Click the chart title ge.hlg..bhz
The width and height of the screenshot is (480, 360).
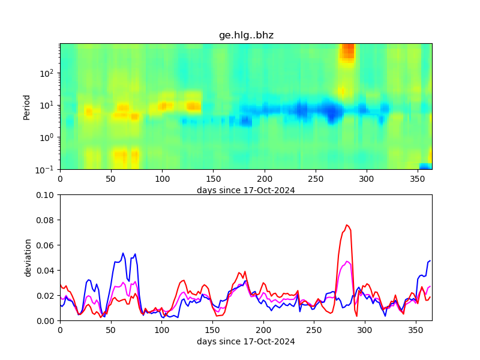[x=246, y=35]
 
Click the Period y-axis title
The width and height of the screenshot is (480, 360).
[x=26, y=106]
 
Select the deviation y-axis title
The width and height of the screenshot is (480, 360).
[x=28, y=257]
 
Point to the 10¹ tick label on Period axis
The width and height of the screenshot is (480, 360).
[x=48, y=106]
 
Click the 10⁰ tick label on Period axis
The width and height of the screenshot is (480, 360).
[x=48, y=137]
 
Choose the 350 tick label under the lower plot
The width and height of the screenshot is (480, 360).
[x=416, y=330]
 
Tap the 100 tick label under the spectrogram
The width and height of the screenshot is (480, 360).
[x=162, y=179]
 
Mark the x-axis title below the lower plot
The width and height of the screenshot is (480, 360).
[x=246, y=341]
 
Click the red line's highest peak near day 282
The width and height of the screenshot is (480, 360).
[x=347, y=225]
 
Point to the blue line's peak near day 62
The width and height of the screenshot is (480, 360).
[x=123, y=253]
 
